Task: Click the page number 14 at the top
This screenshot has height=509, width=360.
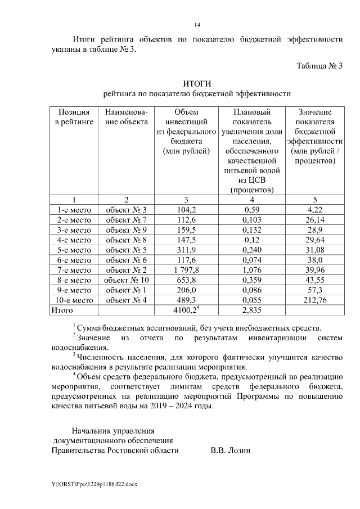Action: tap(197, 25)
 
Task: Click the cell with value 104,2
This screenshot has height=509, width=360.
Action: tap(185, 209)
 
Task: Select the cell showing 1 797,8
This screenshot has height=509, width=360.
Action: tap(185, 270)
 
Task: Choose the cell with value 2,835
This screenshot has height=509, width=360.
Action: tap(251, 310)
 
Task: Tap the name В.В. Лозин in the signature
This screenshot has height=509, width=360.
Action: tap(230, 450)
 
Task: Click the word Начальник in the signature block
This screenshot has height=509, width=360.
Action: tap(90, 431)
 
